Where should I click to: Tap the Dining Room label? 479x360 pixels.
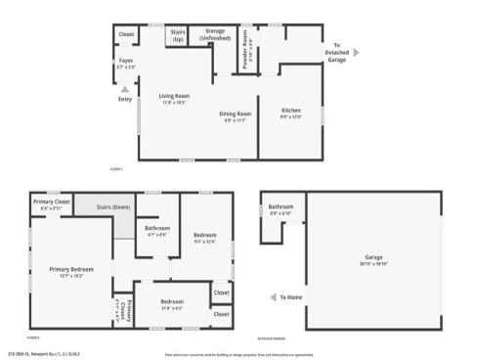(x=235, y=114)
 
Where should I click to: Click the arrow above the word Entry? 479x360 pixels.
(x=124, y=88)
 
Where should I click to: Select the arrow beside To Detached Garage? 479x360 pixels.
(x=356, y=52)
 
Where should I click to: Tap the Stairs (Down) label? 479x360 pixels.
(x=113, y=207)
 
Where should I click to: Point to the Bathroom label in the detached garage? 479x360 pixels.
(x=282, y=207)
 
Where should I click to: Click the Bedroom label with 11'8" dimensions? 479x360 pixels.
(x=172, y=304)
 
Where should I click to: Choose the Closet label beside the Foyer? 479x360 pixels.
(x=126, y=34)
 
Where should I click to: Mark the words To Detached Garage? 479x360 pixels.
(x=337, y=52)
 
